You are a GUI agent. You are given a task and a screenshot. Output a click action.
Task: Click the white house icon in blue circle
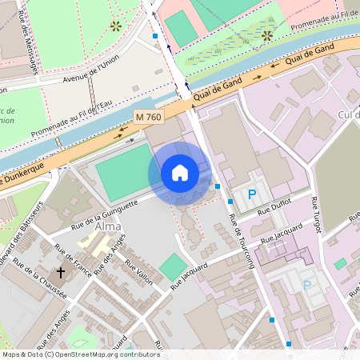pos(179,173)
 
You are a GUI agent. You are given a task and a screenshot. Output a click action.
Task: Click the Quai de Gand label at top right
pos(309,54)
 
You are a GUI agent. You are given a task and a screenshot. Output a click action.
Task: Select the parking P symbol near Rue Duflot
pos(253,194)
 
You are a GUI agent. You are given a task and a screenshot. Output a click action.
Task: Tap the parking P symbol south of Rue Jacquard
pos(306,286)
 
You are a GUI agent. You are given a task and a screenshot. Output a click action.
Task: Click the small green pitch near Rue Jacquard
pos(171,266)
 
